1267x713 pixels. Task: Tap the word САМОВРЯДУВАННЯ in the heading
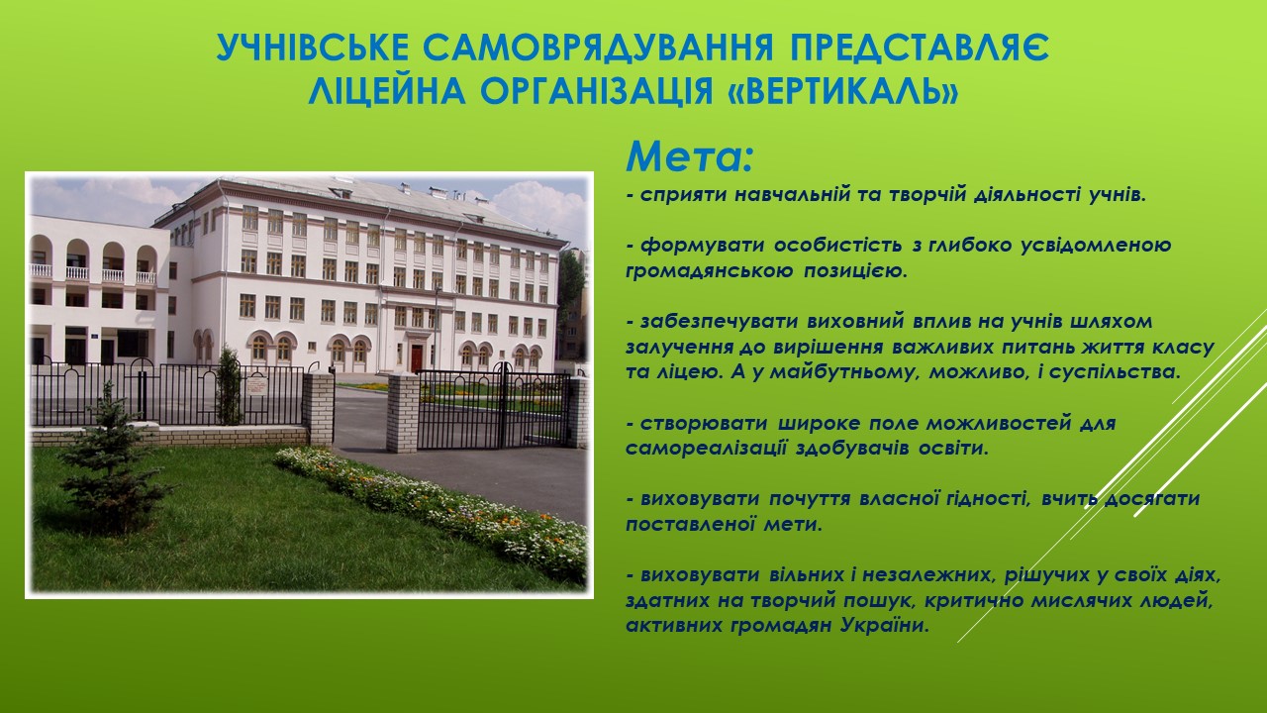589,48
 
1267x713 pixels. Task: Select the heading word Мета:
690,156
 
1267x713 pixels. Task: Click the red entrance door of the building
417,357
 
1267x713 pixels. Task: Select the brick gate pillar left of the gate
402,413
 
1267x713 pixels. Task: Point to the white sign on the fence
256,385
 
